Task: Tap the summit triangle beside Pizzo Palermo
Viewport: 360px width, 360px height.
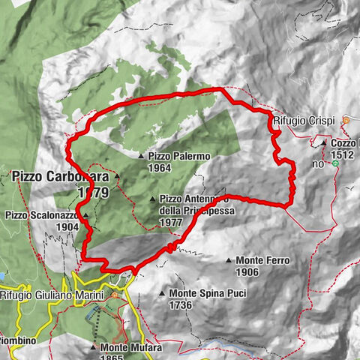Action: tap(140, 156)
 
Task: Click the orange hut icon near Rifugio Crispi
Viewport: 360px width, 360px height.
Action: tap(346, 120)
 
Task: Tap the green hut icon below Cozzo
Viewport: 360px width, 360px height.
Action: tap(336, 163)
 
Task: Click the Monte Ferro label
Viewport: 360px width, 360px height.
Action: tap(263, 260)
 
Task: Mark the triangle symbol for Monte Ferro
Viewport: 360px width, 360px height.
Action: tap(229, 260)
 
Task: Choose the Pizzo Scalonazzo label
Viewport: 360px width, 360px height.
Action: tap(42, 215)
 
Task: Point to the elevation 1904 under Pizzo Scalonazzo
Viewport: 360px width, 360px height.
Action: tap(67, 226)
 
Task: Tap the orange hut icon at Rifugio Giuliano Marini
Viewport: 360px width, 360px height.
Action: tap(115, 295)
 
